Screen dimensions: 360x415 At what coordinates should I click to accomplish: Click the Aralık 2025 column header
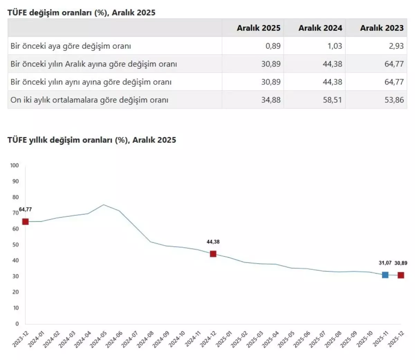pos(258,28)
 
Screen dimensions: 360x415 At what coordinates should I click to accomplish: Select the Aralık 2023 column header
pos(382,28)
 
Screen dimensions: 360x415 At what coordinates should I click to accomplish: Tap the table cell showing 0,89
pos(273,46)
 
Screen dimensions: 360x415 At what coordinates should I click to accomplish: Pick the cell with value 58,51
pos(332,100)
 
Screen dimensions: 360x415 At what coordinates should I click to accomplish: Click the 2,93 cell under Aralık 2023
pos(396,46)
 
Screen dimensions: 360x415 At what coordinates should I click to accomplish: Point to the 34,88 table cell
pos(271,100)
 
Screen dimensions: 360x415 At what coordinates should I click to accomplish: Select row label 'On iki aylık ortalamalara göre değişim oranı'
pos(89,100)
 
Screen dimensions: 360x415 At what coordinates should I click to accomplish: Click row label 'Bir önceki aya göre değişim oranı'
pos(71,46)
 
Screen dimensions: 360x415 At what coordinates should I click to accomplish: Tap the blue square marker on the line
pos(385,275)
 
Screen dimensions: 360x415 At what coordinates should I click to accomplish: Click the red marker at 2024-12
pos(213,254)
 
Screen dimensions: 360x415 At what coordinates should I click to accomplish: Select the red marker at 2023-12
pos(25,222)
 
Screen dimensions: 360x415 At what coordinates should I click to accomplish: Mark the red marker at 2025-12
pos(400,275)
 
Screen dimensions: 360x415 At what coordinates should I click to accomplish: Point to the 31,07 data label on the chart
pos(385,263)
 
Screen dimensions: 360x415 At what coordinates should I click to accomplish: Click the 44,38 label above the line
pos(213,242)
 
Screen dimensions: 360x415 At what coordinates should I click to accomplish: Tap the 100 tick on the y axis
pos(15,165)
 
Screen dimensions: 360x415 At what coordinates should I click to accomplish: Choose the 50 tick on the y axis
pos(16,244)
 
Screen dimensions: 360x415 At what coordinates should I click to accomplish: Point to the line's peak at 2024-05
pos(103,205)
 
